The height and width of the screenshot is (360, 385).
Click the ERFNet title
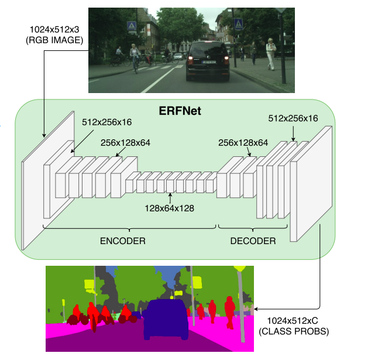[x=180, y=109]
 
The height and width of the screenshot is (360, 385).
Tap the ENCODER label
[x=123, y=241]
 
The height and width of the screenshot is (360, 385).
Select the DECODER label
[x=253, y=241]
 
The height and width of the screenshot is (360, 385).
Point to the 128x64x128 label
[x=170, y=207]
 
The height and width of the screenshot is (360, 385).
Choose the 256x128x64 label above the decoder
[x=243, y=142]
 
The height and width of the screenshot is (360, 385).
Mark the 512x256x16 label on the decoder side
[x=293, y=118]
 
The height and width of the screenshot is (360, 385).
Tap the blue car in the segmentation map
[x=166, y=320]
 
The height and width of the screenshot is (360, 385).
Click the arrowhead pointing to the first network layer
[x=44, y=135]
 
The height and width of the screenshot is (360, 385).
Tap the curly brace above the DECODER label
[x=253, y=227]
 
